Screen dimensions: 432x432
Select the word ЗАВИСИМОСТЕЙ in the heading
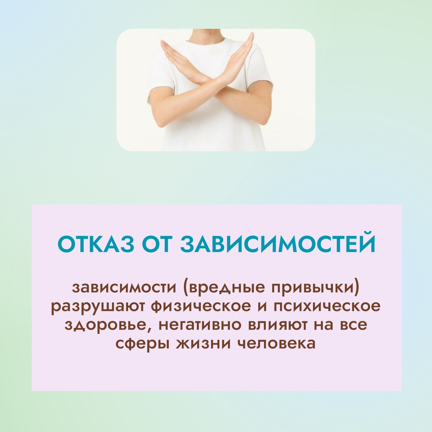pyautogui.click(x=278, y=244)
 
